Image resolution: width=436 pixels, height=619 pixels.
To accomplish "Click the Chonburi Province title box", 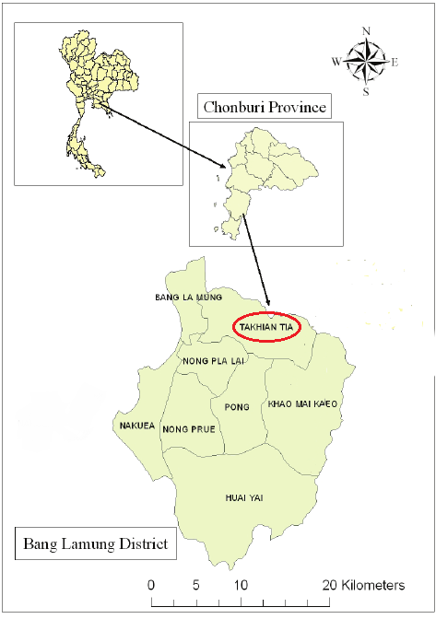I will (265, 107).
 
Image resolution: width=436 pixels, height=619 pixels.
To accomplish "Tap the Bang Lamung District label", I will (95, 544).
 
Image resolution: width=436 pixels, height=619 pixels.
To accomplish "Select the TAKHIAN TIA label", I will (262, 327).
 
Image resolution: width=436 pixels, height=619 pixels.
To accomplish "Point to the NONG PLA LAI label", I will (212, 360).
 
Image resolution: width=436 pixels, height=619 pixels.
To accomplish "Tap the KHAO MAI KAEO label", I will (304, 404).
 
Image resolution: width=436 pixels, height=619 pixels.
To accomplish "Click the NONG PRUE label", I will (188, 429).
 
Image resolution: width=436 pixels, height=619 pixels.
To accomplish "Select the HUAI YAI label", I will (244, 497).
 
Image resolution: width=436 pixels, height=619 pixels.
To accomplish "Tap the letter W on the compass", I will (336, 63).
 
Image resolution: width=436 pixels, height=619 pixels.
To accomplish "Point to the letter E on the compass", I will (395, 63).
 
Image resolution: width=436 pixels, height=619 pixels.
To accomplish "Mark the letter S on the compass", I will (366, 91).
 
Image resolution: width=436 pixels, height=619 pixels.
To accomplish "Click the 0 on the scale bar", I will (151, 585).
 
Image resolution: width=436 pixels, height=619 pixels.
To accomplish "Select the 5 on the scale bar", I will (196, 585).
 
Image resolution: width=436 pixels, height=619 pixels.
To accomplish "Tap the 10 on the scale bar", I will (241, 585).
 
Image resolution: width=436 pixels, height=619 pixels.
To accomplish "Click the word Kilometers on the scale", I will (374, 585).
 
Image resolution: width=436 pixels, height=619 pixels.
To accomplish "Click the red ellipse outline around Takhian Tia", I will (229, 327).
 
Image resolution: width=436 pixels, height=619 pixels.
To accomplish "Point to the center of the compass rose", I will (366, 62).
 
